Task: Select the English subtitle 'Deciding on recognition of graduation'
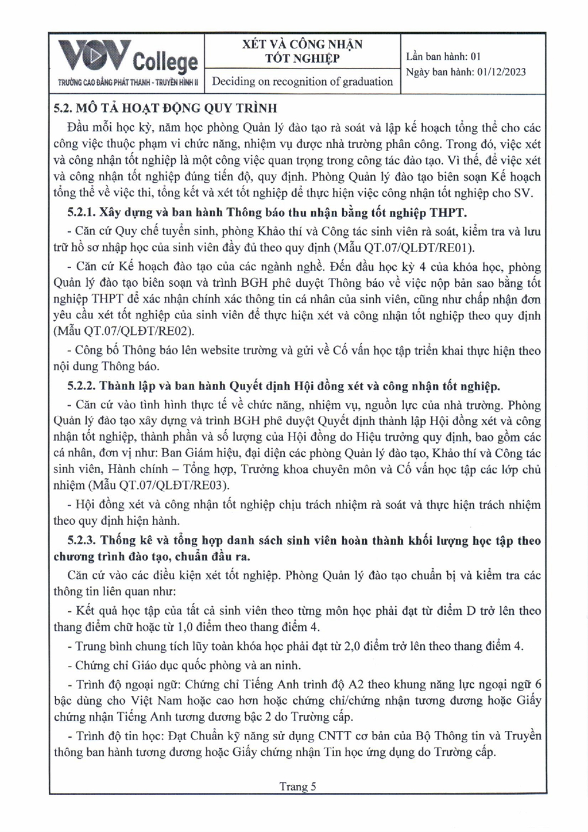point(303,82)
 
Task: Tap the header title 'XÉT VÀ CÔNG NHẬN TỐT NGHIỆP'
point(303,51)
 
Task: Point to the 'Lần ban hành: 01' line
point(443,56)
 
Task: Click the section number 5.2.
point(62,108)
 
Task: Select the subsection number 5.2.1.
point(81,213)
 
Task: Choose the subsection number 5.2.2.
point(81,386)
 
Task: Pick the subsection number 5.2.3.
point(81,541)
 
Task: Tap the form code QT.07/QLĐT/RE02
point(144,332)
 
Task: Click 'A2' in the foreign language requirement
point(355,684)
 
